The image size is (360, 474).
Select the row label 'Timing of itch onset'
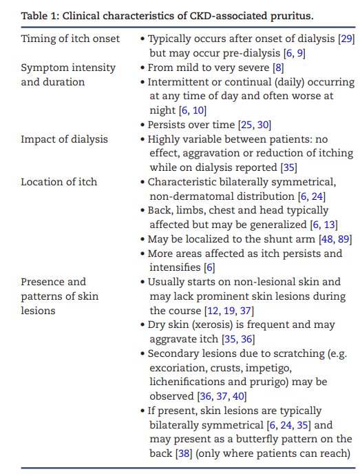[70, 39]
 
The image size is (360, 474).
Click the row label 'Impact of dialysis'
[64, 139]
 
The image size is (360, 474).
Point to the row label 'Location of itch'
[59, 182]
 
